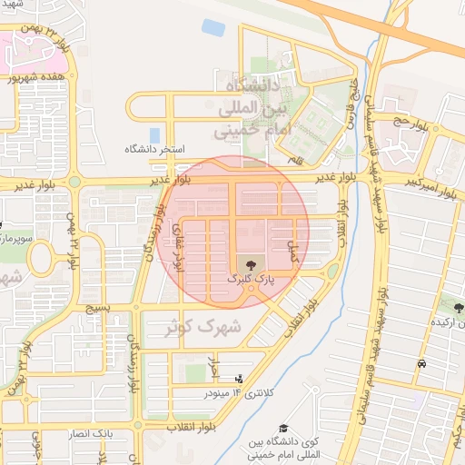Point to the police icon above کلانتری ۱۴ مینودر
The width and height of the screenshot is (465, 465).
[x=239, y=378]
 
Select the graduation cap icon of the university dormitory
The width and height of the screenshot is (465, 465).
[x=283, y=427]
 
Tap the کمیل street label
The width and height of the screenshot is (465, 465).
[x=292, y=252]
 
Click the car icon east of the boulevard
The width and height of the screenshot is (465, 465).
[x=422, y=364]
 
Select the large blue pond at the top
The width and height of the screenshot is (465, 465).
[x=213, y=27]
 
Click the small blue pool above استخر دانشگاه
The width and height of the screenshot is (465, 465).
[x=154, y=134]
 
